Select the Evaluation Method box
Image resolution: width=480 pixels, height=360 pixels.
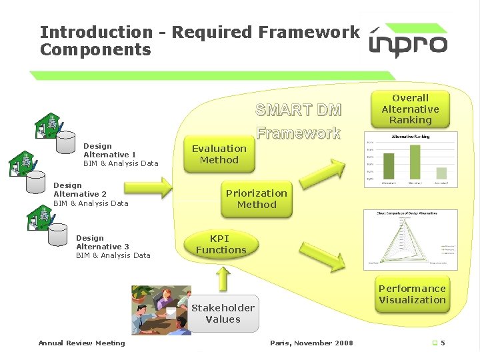[x=219, y=154]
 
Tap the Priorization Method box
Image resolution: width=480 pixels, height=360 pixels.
[x=257, y=199]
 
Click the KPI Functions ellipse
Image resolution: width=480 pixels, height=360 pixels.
[x=221, y=245]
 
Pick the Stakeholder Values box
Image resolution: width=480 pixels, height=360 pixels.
[x=223, y=313]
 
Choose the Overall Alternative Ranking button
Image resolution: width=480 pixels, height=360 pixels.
[x=411, y=109]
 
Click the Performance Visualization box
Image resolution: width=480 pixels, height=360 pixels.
[x=412, y=294]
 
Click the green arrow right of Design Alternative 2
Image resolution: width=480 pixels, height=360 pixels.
[x=152, y=194]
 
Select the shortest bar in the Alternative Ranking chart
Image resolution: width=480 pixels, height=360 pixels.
[x=441, y=173]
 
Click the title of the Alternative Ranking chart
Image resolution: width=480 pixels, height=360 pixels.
[x=410, y=136]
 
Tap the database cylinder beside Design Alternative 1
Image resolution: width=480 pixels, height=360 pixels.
[x=65, y=141]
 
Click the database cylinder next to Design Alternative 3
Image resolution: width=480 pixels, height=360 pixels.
[x=58, y=235]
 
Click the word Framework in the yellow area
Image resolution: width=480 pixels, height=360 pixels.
[x=299, y=133]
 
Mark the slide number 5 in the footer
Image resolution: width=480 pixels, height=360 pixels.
[x=443, y=343]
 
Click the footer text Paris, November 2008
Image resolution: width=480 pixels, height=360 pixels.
[x=311, y=343]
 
